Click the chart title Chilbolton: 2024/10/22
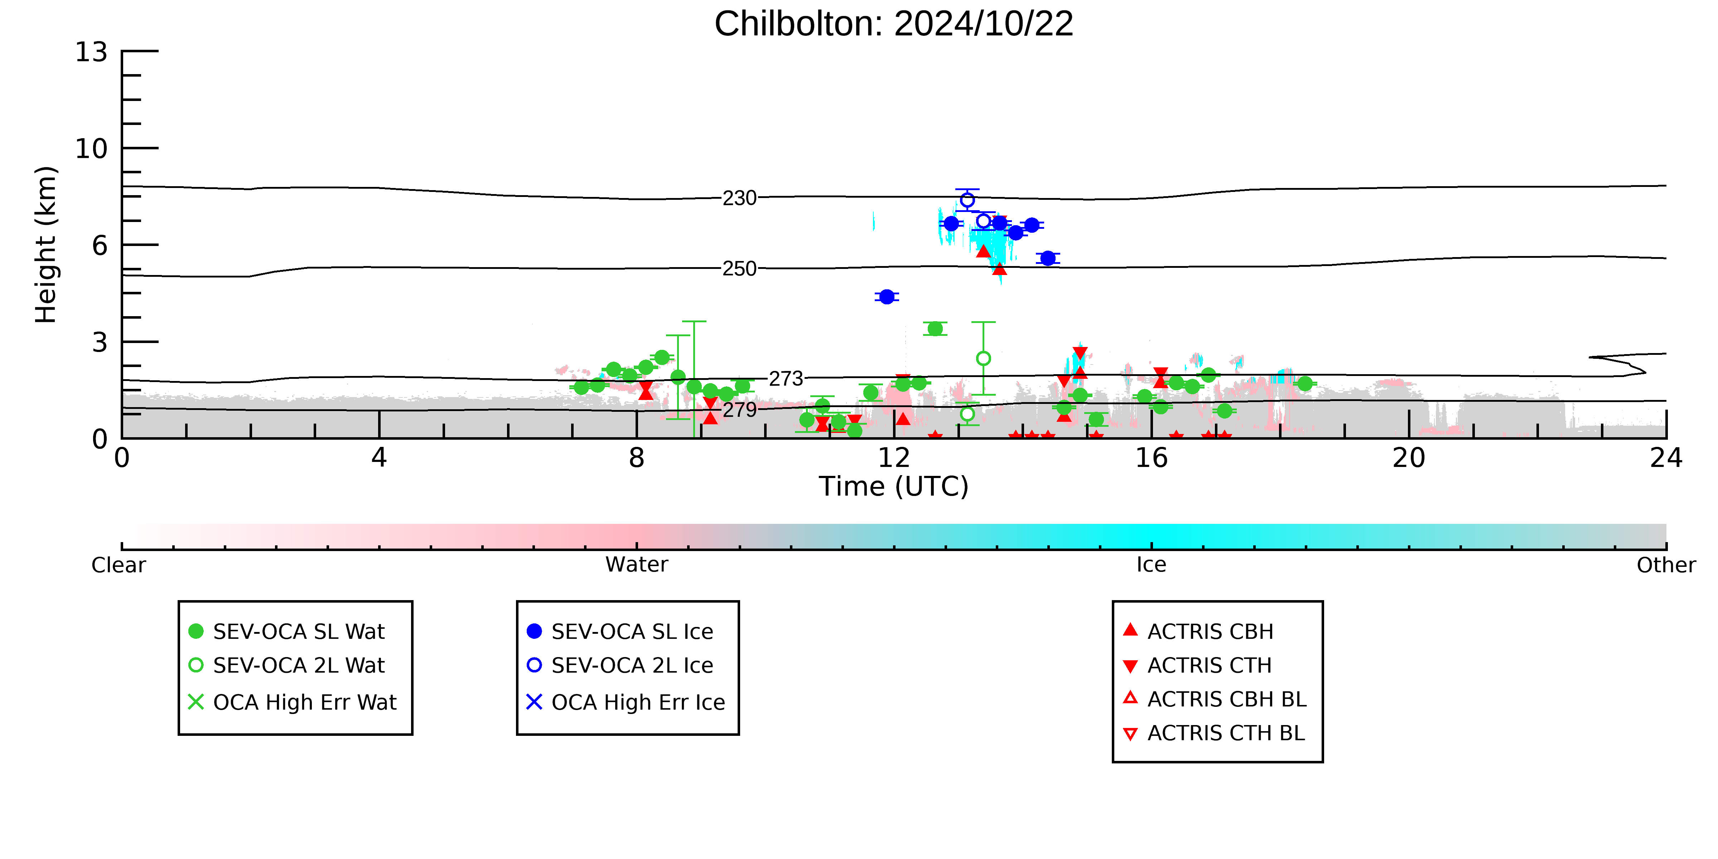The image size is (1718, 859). pos(894,24)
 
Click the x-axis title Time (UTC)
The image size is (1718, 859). pos(894,486)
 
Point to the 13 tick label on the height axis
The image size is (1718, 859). pos(91,52)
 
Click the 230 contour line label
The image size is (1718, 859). pos(740,198)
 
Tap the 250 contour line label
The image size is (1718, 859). pos(740,269)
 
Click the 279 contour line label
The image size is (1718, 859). pos(740,410)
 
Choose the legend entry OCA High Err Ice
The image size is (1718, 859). pos(626,702)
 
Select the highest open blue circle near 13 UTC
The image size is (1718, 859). pos(967,200)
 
